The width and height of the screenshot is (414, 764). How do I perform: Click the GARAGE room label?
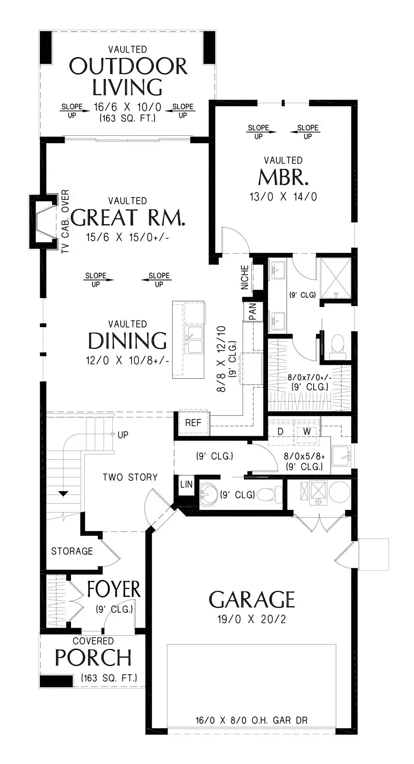coord(252,599)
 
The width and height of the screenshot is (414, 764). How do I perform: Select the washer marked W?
coord(307,432)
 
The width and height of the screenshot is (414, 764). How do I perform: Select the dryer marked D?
coord(280,432)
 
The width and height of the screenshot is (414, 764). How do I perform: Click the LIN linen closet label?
coord(186,484)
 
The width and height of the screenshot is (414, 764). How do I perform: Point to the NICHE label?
coord(245,277)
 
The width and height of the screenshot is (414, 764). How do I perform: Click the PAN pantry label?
coord(252,311)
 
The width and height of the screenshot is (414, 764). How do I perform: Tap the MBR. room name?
coord(283,177)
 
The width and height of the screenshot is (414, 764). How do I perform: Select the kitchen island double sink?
coord(194,340)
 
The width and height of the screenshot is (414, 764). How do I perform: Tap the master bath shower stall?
coord(336,278)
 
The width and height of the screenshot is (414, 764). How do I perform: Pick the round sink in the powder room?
coord(209,495)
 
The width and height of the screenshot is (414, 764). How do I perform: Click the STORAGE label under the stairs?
coord(72,551)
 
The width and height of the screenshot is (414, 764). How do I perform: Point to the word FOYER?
coord(114,589)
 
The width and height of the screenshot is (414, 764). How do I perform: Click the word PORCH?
coord(94,657)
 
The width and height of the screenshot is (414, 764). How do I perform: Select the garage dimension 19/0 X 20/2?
coord(252,619)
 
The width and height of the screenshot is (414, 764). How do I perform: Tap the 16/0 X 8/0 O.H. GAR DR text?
coord(252,720)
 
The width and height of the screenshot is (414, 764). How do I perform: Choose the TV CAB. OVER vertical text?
coord(65,222)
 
